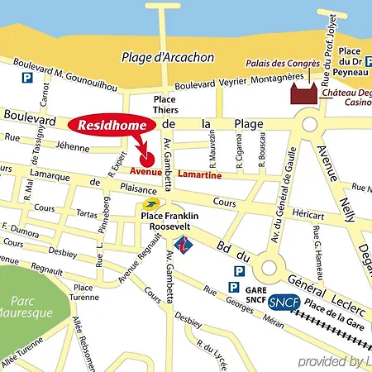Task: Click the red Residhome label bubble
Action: (112, 125)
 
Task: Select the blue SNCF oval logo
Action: (285, 303)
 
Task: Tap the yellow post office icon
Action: (150, 203)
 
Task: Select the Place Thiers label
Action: (165, 103)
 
